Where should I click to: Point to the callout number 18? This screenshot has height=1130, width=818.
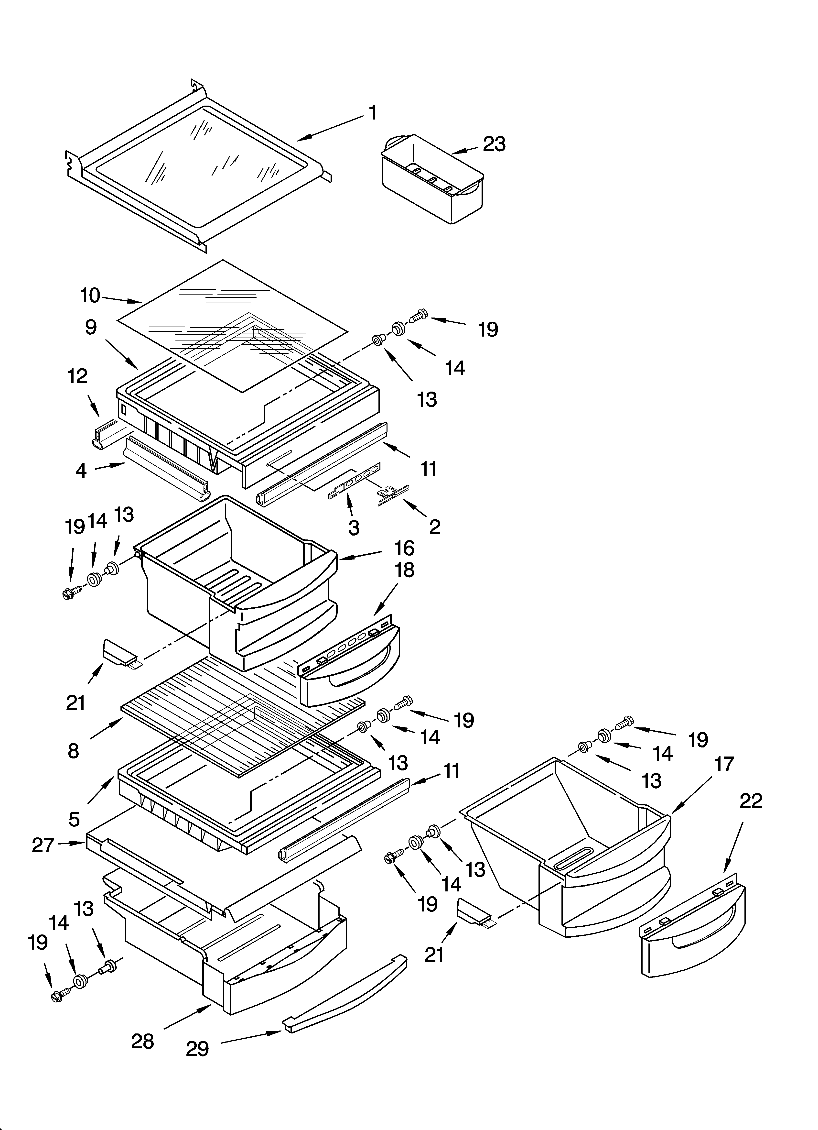pos(405,570)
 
